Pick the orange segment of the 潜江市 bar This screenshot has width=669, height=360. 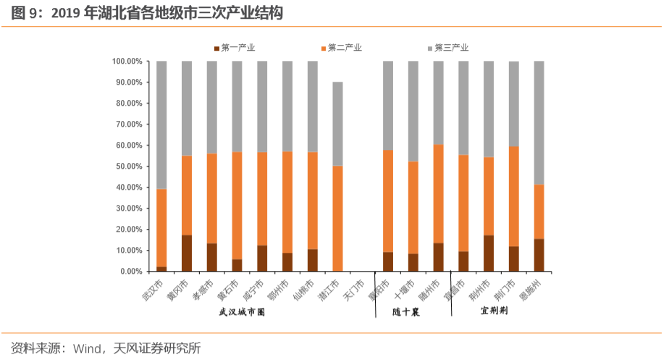tap(337, 218)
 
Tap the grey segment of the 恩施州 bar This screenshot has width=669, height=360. tap(539, 122)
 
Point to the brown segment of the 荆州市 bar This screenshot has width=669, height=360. tap(488, 253)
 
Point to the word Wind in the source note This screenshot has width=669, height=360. tap(86, 348)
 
